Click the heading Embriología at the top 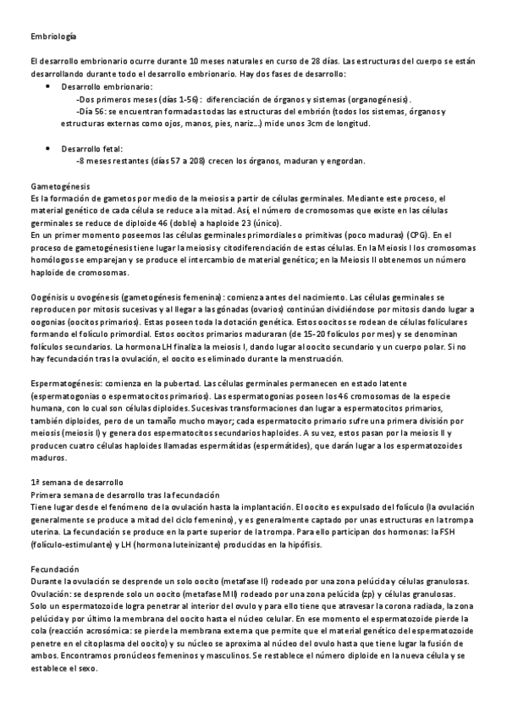click(52, 37)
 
